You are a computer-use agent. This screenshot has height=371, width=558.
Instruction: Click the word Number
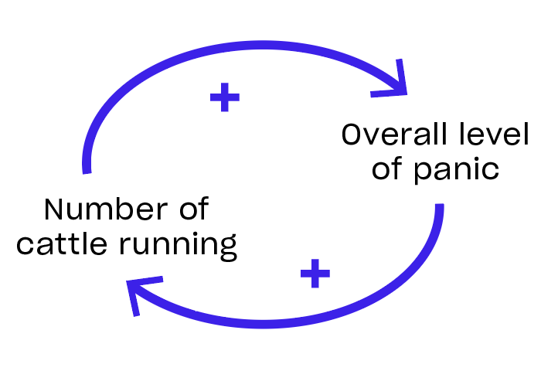[x=92, y=210]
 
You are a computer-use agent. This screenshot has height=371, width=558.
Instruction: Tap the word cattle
[x=60, y=245]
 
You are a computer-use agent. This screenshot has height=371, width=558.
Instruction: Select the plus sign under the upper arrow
[x=225, y=97]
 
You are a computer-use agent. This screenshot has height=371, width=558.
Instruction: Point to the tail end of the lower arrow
[x=439, y=207]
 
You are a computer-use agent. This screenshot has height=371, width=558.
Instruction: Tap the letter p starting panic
[x=422, y=173]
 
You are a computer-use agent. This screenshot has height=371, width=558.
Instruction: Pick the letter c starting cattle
[x=24, y=246]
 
